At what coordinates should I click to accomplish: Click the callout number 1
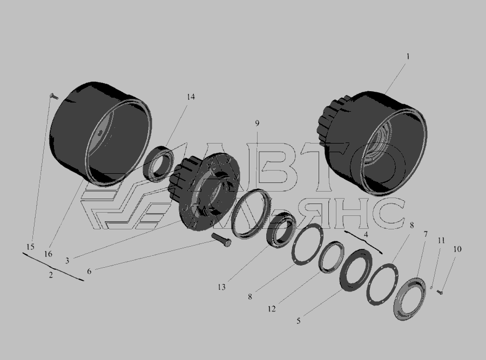click(x=408, y=56)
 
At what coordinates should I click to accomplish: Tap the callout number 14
click(x=191, y=97)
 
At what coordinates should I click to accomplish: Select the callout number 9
click(x=257, y=123)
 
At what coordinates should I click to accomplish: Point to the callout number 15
click(x=30, y=247)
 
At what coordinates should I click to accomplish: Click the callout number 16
click(x=48, y=254)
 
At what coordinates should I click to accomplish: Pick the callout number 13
click(x=221, y=287)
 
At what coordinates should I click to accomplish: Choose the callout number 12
click(x=272, y=309)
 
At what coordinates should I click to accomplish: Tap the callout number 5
click(x=299, y=321)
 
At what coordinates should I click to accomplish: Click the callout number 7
click(x=426, y=234)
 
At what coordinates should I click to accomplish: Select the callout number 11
click(x=441, y=240)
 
